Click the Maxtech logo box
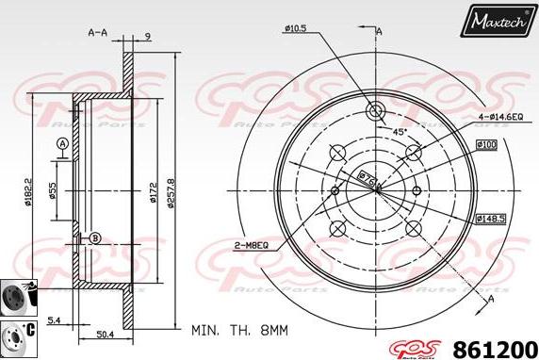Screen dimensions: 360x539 pos(498,18)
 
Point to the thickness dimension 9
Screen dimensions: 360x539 pos(148,37)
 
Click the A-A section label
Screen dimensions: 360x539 pos(97,31)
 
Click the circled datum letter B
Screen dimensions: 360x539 pos(94,237)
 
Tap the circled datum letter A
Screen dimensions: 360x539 pos(62,143)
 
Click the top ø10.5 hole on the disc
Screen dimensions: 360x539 pos(376,109)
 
